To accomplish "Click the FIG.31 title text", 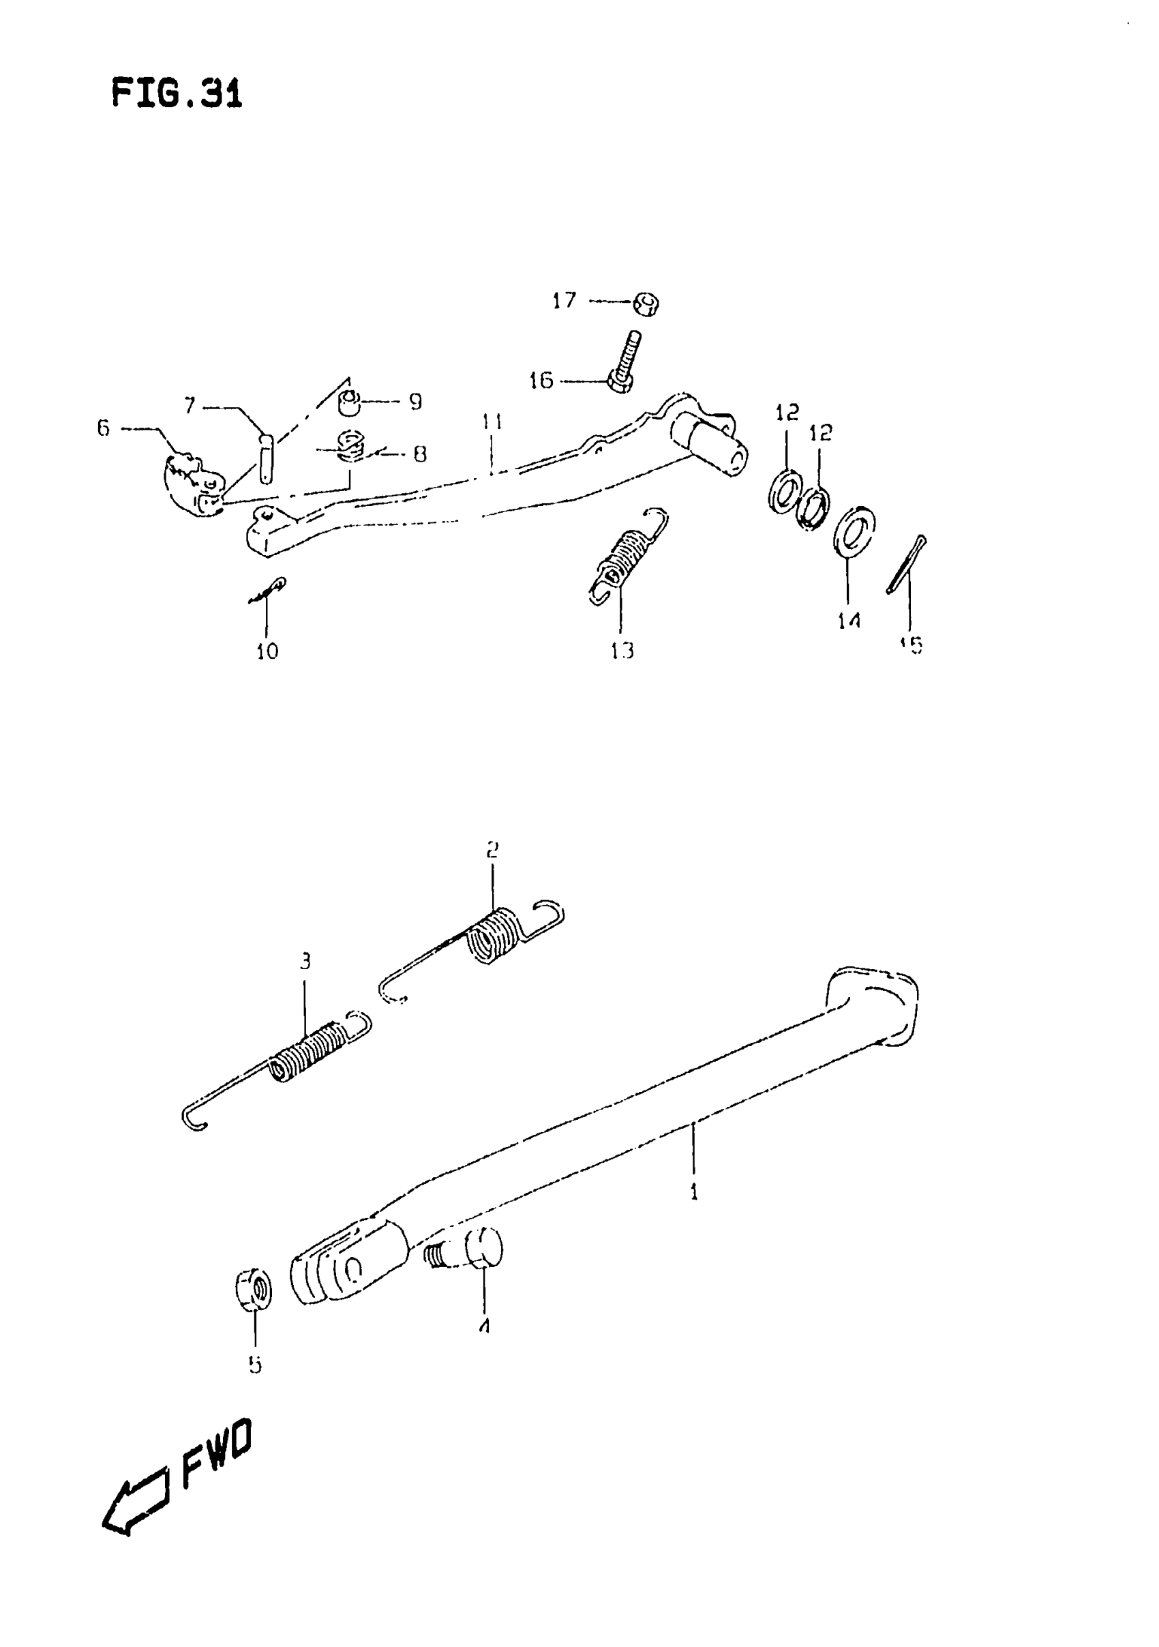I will (177, 94).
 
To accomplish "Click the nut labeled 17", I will (646, 303).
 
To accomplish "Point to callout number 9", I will (415, 402).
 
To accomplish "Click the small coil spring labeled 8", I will (350, 446).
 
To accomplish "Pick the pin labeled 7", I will (267, 458).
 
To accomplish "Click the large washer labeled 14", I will (854, 531).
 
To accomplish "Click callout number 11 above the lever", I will (492, 421).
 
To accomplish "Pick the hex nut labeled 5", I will (254, 1288).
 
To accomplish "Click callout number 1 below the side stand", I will (693, 1191).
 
